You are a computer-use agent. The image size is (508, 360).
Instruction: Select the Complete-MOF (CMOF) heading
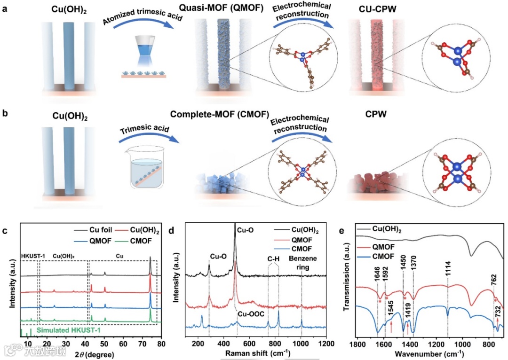click(x=227, y=114)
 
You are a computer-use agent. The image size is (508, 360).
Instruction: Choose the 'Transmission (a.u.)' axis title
click(x=347, y=281)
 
